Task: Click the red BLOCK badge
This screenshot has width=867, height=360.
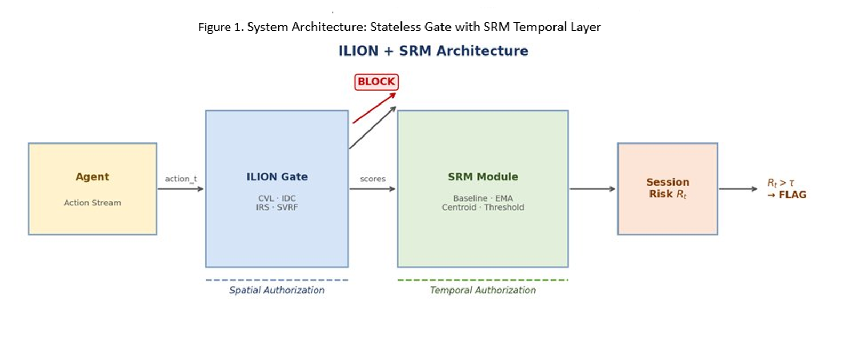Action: [376, 82]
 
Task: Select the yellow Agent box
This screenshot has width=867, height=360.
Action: [92, 188]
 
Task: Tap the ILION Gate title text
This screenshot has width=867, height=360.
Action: [277, 177]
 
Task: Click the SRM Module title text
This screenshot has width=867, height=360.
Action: [483, 177]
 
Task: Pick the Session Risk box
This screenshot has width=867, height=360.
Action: [667, 188]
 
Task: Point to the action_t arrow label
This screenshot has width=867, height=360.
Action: [181, 179]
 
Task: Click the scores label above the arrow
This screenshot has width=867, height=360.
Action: [373, 179]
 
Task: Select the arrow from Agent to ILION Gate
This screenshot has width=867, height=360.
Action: [180, 189]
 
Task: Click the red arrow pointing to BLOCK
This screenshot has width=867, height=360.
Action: [373, 108]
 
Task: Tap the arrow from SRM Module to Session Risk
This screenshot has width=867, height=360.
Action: [592, 189]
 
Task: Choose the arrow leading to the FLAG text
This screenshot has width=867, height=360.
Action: [737, 189]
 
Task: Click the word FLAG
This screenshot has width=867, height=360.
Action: [792, 195]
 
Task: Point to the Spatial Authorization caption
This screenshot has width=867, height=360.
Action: [277, 290]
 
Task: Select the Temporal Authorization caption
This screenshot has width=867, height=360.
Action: [483, 290]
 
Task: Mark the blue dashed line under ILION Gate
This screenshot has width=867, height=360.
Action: [277, 280]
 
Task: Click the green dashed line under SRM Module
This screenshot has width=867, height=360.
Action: [483, 280]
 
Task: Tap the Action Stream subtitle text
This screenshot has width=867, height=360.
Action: [92, 203]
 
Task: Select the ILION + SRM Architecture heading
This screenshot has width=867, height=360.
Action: [433, 51]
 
